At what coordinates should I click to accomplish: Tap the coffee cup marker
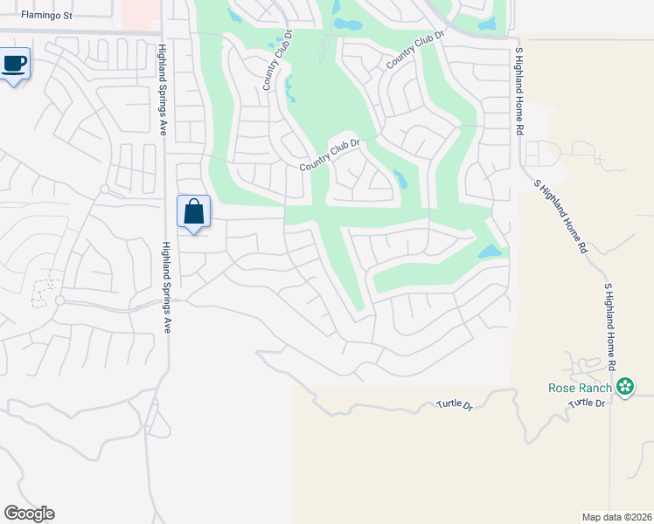(x=15, y=64)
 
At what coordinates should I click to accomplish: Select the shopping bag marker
(x=193, y=211)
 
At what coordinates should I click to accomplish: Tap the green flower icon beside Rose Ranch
(x=624, y=387)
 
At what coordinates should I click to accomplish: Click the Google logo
(x=29, y=514)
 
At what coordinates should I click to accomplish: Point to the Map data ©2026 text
(x=616, y=517)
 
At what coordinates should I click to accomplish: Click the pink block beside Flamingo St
(x=140, y=13)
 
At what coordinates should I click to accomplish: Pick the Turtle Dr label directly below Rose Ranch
(x=588, y=403)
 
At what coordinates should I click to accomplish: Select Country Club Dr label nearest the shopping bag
(x=330, y=155)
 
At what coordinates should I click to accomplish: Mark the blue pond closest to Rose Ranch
(x=490, y=252)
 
